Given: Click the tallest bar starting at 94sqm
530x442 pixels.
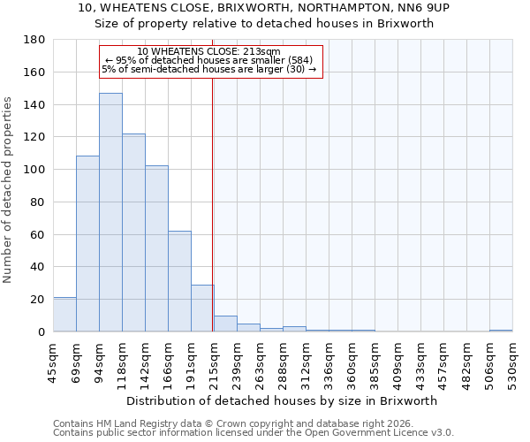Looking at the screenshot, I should click(x=110, y=212).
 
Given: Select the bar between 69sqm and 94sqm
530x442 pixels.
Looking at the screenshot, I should click(x=87, y=244).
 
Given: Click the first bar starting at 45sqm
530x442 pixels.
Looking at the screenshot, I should click(x=64, y=315).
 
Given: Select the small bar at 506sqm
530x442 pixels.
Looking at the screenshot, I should click(x=501, y=331).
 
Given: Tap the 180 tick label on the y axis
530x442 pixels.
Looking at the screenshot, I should click(x=35, y=40).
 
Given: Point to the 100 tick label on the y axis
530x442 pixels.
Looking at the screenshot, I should click(x=35, y=170).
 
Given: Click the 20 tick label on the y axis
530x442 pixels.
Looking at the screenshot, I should click(x=39, y=300).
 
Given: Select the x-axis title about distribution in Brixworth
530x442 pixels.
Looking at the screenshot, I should click(x=282, y=400).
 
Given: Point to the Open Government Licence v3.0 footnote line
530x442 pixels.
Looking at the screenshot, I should click(x=254, y=432).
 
